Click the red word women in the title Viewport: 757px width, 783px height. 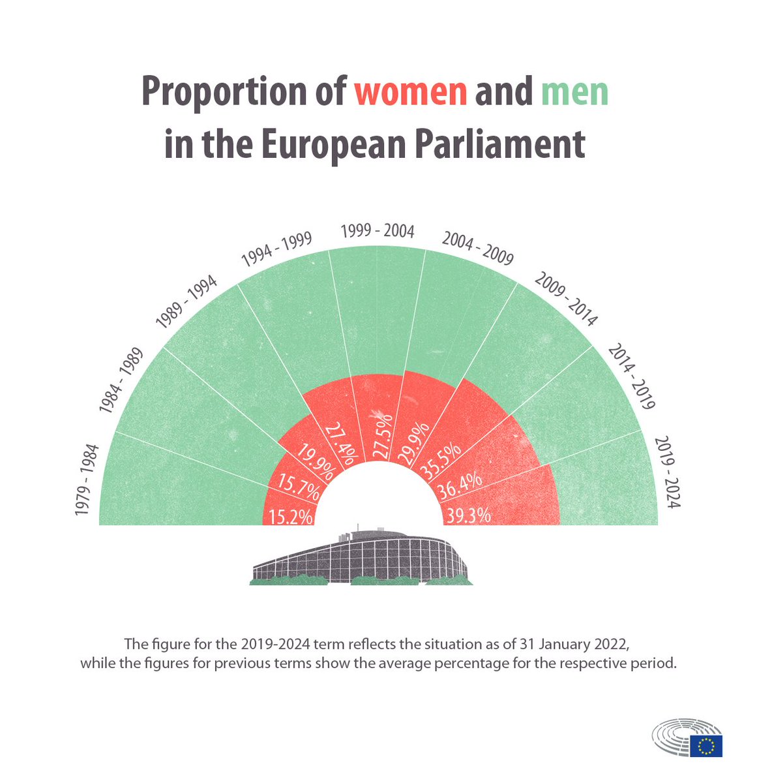(x=411, y=93)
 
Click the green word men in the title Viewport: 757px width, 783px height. (x=574, y=93)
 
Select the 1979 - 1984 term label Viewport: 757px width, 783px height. (x=86, y=480)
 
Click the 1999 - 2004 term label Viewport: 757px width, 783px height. (x=378, y=231)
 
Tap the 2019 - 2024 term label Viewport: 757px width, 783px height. (x=666, y=472)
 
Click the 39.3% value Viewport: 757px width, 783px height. (x=466, y=516)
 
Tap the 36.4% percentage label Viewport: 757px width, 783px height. (x=459, y=486)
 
